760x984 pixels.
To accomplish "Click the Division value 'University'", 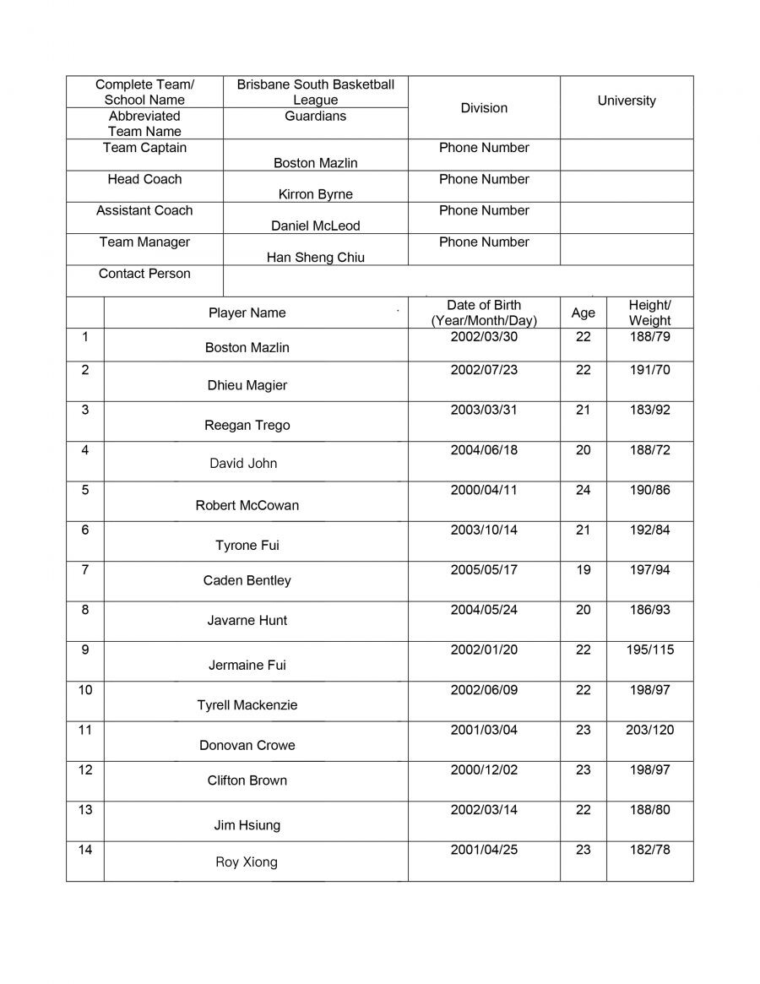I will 626,101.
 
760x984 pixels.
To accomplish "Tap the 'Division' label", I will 484,108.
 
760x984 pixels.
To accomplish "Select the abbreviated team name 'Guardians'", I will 315,116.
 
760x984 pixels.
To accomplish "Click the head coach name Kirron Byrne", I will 315,194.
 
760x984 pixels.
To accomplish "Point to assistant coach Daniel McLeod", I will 315,226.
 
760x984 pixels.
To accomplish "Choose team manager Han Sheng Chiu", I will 315,258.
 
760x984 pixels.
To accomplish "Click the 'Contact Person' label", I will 144,274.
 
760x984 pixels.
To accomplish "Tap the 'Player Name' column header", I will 247,313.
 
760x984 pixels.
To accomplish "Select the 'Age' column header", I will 583,313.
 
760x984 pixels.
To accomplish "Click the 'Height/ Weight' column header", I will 649,313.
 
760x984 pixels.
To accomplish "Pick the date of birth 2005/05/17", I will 484,570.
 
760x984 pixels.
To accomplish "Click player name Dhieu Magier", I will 247,385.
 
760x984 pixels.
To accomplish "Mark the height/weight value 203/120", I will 649,730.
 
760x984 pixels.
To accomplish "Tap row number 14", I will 85,850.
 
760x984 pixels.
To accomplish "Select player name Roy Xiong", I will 246,862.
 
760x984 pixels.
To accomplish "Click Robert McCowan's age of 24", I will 583,490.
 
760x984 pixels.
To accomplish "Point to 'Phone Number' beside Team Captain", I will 484,148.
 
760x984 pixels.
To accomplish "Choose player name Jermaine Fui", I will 247,665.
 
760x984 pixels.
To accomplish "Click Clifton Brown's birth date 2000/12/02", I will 484,769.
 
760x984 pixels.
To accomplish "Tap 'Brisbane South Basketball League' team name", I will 315,92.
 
